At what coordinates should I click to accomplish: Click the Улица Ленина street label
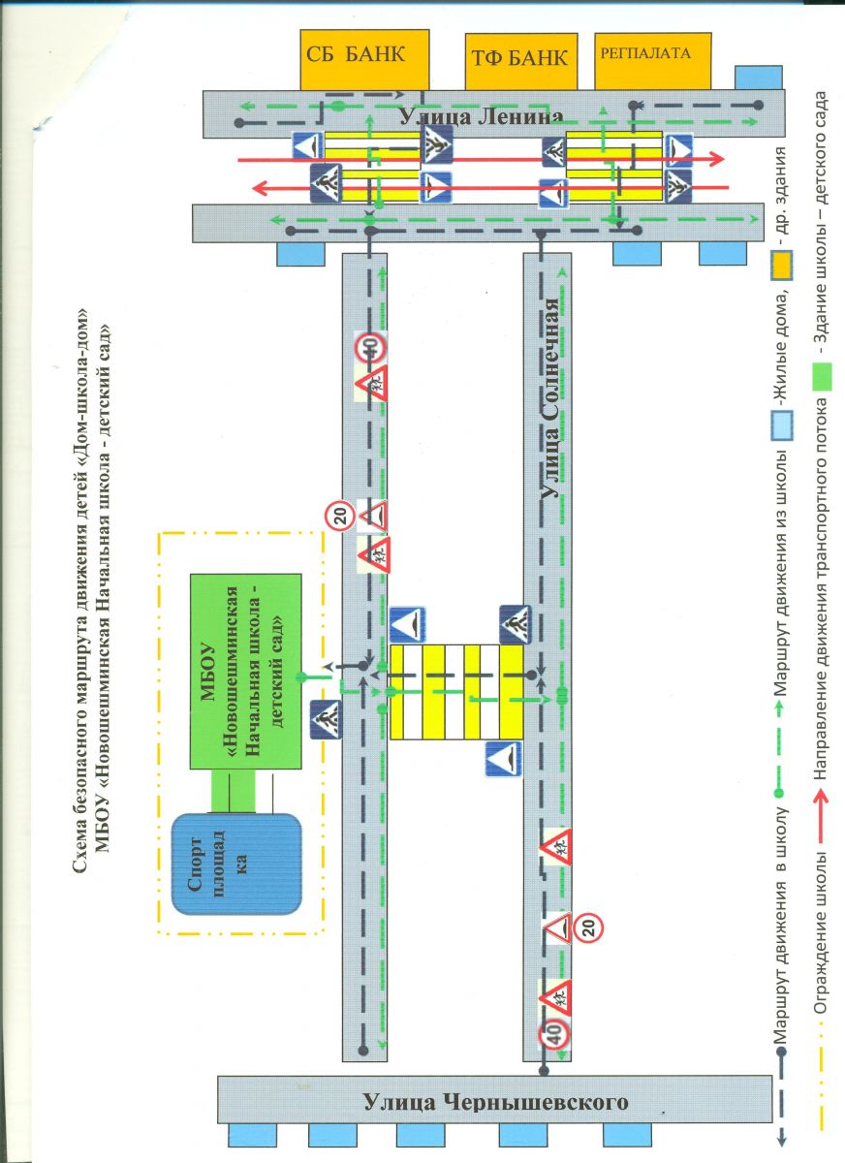480,118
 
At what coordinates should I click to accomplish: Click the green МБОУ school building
245,667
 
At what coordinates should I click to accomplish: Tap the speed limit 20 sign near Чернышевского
588,928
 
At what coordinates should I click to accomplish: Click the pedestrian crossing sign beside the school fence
326,720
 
